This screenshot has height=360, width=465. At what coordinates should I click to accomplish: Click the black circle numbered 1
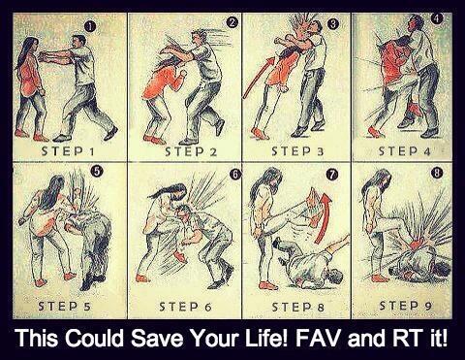(x=90, y=27)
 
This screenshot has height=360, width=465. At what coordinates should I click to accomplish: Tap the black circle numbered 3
(x=333, y=23)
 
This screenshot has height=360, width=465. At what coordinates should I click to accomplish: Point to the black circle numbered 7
(x=331, y=175)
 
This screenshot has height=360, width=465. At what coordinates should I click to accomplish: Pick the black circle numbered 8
(x=436, y=174)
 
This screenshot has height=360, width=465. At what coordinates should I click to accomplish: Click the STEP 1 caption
(x=68, y=151)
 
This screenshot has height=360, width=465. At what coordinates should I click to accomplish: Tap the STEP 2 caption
(x=191, y=151)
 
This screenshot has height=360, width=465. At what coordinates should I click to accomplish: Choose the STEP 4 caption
(x=405, y=151)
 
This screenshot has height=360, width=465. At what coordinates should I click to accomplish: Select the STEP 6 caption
(x=185, y=307)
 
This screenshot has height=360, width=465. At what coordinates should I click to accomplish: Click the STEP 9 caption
(x=406, y=306)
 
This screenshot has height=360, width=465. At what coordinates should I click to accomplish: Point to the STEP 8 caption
(x=297, y=307)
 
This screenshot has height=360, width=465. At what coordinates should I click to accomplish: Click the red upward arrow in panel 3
(x=259, y=77)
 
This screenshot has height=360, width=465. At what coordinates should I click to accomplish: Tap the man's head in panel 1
(x=78, y=42)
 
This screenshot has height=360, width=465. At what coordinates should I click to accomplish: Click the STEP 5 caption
(x=64, y=307)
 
